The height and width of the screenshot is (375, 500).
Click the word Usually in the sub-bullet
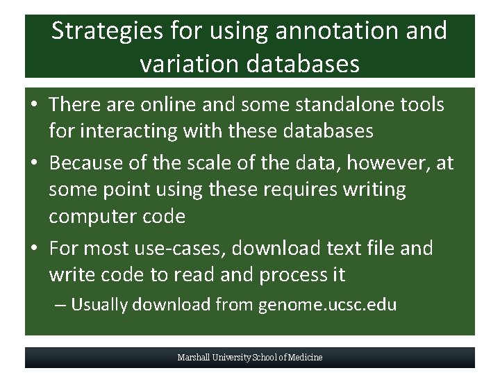click(x=99, y=305)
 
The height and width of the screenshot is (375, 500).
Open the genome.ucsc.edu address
click(x=327, y=305)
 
